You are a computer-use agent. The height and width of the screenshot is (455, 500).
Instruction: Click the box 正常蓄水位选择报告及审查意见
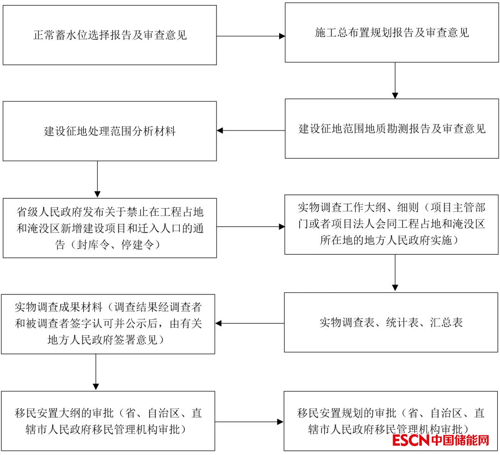(x=110, y=35)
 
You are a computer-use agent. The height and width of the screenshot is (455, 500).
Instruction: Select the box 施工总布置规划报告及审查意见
(x=392, y=32)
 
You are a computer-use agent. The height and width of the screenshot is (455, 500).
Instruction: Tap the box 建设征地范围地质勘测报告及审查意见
(x=392, y=129)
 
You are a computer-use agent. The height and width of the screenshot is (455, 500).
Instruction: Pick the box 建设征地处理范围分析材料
(x=110, y=131)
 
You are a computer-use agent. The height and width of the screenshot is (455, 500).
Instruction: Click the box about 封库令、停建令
(x=110, y=228)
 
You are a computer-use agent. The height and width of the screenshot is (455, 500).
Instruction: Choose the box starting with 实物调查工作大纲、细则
(x=392, y=224)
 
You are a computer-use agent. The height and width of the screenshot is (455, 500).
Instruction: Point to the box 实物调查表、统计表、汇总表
(x=392, y=322)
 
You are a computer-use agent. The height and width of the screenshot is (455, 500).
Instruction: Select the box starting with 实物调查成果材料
(x=108, y=324)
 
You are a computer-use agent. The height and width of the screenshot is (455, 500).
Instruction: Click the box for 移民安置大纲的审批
(x=108, y=421)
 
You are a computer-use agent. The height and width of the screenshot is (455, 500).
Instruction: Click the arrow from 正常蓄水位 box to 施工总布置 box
(x=250, y=36)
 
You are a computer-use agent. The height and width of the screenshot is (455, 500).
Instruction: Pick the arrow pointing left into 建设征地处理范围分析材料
(x=250, y=131)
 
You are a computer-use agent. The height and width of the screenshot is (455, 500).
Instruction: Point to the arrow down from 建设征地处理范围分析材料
(x=97, y=179)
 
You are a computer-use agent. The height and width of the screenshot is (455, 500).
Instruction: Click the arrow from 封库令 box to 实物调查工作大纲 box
(x=250, y=227)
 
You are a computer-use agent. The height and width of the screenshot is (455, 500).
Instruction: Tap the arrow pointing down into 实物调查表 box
(x=395, y=273)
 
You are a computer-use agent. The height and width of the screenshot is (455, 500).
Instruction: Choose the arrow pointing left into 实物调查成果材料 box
(x=250, y=323)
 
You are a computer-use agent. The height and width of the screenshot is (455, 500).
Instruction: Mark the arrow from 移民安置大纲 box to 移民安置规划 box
(x=249, y=422)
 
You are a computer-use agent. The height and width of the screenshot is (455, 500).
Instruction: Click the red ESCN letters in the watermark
(x=411, y=440)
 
